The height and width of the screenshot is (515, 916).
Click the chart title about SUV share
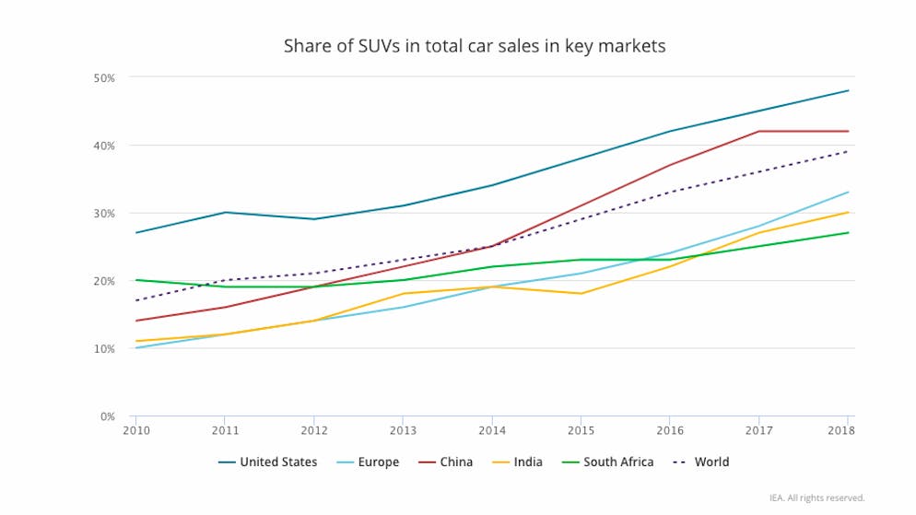(x=475, y=45)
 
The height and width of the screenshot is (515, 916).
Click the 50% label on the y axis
(x=104, y=77)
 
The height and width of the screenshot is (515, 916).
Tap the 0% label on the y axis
(x=107, y=416)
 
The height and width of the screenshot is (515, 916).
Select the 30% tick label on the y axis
(x=104, y=213)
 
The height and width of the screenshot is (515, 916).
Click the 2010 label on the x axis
(x=135, y=429)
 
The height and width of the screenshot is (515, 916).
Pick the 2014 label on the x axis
(x=492, y=429)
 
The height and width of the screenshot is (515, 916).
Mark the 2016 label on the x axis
(x=670, y=429)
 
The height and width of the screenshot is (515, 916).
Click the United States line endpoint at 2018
(x=848, y=90)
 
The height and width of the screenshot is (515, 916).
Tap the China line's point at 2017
(x=758, y=131)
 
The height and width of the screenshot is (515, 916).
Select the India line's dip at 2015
(x=581, y=293)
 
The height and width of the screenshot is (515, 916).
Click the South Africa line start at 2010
(x=135, y=280)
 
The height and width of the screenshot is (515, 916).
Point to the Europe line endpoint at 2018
(x=848, y=193)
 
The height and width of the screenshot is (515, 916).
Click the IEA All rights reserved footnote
(x=816, y=497)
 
